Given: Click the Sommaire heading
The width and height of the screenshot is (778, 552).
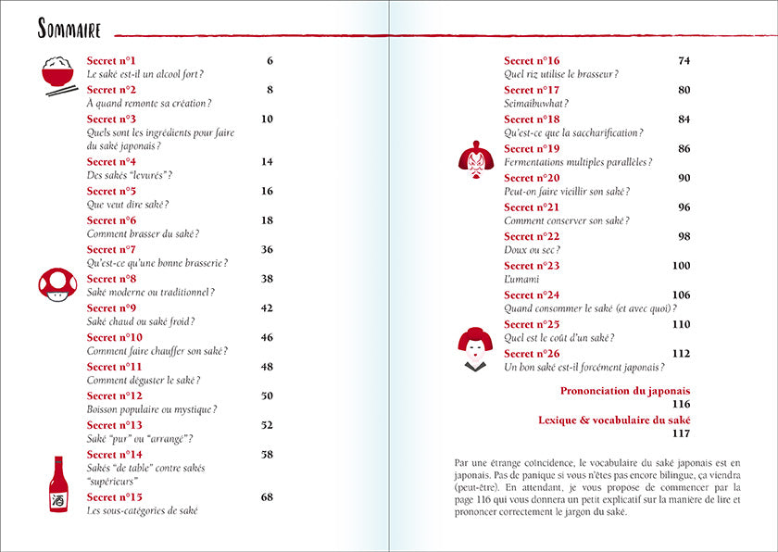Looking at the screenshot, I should click(x=69, y=29).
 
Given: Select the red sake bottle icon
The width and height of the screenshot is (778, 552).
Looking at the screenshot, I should click(x=58, y=484).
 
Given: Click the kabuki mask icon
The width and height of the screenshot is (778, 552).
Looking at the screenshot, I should click(x=476, y=157).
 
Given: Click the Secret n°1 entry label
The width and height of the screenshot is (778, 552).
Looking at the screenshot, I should click(x=111, y=61).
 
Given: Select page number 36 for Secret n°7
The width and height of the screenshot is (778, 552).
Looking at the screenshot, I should click(x=267, y=250).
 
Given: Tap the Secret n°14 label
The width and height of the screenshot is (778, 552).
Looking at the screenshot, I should click(x=115, y=455).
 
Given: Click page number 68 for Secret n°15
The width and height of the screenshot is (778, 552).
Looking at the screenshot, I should click(x=267, y=497).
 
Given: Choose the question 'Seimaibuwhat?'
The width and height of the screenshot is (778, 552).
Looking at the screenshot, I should click(x=536, y=104).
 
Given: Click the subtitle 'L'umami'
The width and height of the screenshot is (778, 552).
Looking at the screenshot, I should click(x=521, y=279).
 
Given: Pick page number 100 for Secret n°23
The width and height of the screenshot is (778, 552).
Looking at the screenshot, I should click(x=681, y=266).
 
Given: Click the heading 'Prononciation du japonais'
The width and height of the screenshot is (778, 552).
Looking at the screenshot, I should click(x=625, y=391).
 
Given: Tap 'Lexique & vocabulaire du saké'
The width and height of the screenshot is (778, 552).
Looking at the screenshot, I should click(x=614, y=420).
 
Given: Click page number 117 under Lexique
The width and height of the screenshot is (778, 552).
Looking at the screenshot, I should click(x=681, y=433).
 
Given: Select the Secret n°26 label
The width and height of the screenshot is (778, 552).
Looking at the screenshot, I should click(x=532, y=354).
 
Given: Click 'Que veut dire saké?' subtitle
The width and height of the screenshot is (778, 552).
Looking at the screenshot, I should click(x=128, y=205).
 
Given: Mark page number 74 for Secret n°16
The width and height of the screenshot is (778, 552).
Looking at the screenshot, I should click(x=684, y=61).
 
